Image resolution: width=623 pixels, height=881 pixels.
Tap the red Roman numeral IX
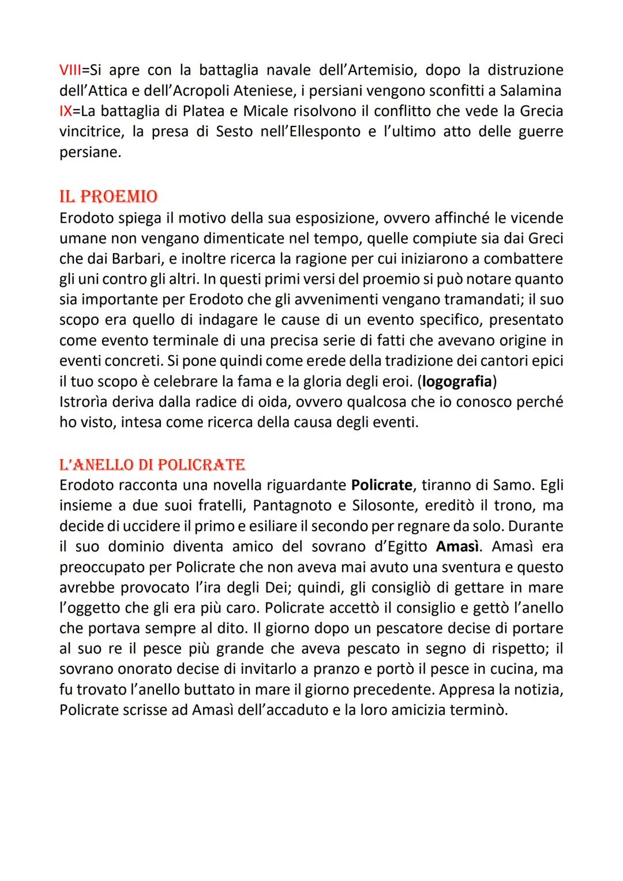click(65, 111)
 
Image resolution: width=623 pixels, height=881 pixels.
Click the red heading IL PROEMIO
click(108, 197)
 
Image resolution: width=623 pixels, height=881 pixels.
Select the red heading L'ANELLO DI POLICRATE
click(152, 464)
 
